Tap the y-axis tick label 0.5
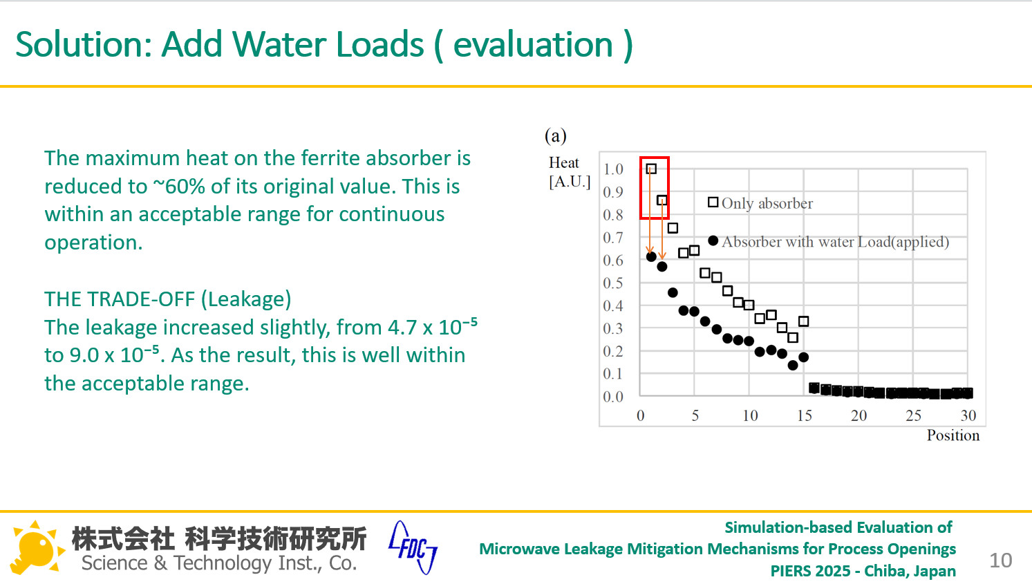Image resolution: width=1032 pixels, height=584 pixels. (x=612, y=283)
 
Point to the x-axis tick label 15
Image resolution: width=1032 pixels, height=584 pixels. (x=805, y=416)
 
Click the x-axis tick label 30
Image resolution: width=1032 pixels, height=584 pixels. (x=968, y=416)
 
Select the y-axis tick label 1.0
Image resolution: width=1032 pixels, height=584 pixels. (x=613, y=169)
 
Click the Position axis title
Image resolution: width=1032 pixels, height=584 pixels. (x=953, y=435)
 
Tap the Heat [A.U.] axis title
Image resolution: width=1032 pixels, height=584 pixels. (x=569, y=172)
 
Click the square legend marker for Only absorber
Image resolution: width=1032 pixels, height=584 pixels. (x=713, y=202)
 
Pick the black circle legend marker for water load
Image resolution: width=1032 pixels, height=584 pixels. (x=713, y=241)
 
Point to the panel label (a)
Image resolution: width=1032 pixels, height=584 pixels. (x=555, y=135)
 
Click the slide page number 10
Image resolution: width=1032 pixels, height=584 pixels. (x=1000, y=561)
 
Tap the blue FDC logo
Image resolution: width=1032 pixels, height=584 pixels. (x=413, y=547)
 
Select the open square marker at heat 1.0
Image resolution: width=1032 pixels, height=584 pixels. (x=651, y=169)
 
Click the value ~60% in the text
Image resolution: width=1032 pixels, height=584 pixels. (x=180, y=187)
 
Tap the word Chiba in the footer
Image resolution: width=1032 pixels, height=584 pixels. (x=885, y=572)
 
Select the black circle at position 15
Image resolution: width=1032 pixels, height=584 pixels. (x=803, y=357)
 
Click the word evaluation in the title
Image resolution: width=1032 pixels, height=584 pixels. (x=533, y=45)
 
